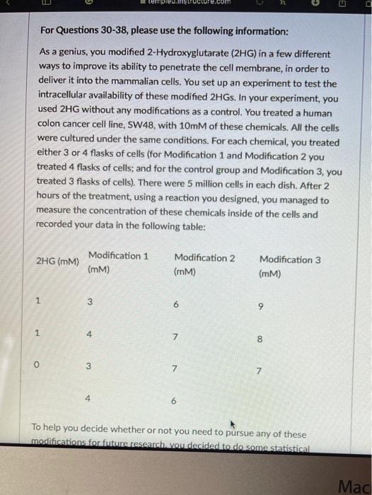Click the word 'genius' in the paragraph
[x=66, y=54]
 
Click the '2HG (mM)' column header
[x=57, y=262]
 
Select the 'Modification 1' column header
[x=118, y=255]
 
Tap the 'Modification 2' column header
[x=204, y=257]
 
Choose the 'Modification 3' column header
[x=290, y=260]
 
